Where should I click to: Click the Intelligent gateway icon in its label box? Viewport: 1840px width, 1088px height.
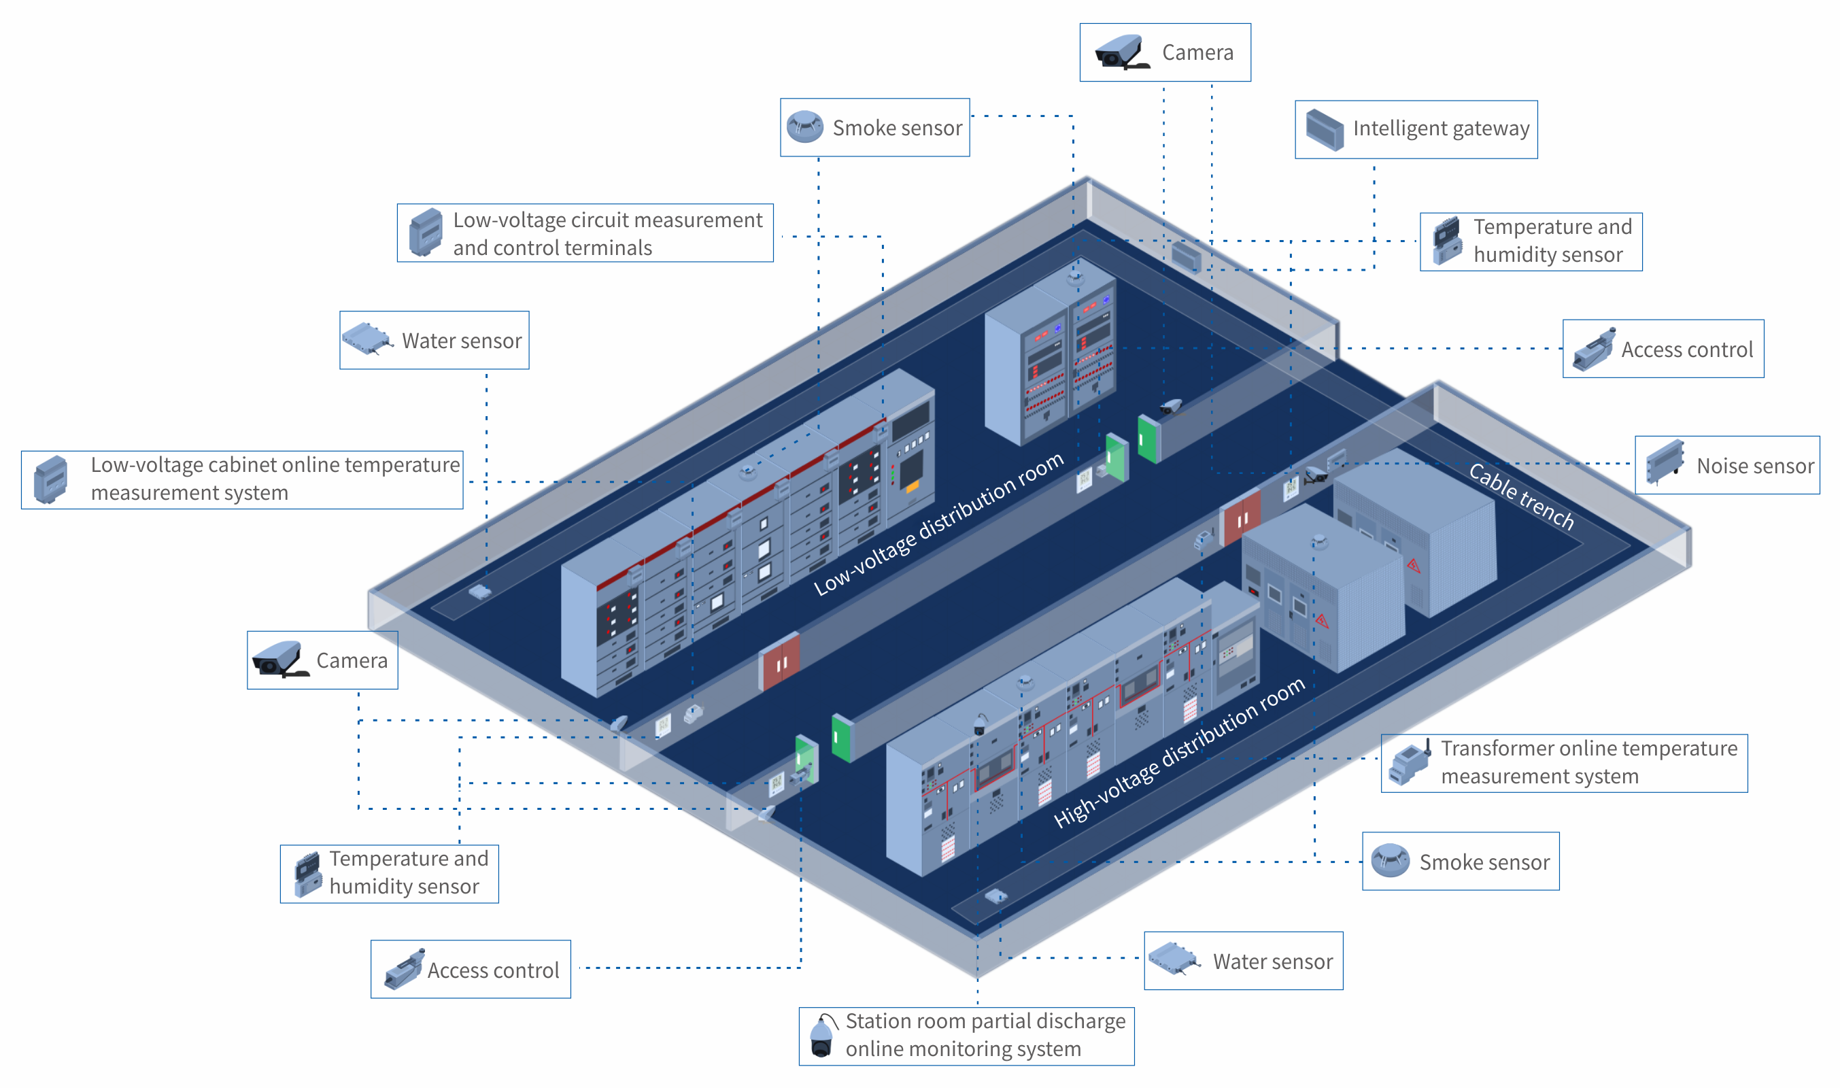(1324, 131)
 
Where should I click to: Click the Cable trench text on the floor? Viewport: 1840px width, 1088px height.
(1520, 496)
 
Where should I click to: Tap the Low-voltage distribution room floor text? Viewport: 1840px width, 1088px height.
(938, 524)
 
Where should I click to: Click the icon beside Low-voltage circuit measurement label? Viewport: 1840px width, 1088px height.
(425, 233)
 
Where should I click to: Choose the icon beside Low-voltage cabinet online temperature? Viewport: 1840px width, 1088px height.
(50, 479)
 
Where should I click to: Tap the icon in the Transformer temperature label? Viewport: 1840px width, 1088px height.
(1410, 763)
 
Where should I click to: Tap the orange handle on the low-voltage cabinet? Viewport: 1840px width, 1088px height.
(912, 486)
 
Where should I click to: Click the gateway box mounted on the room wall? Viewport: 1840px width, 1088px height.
(1185, 256)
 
